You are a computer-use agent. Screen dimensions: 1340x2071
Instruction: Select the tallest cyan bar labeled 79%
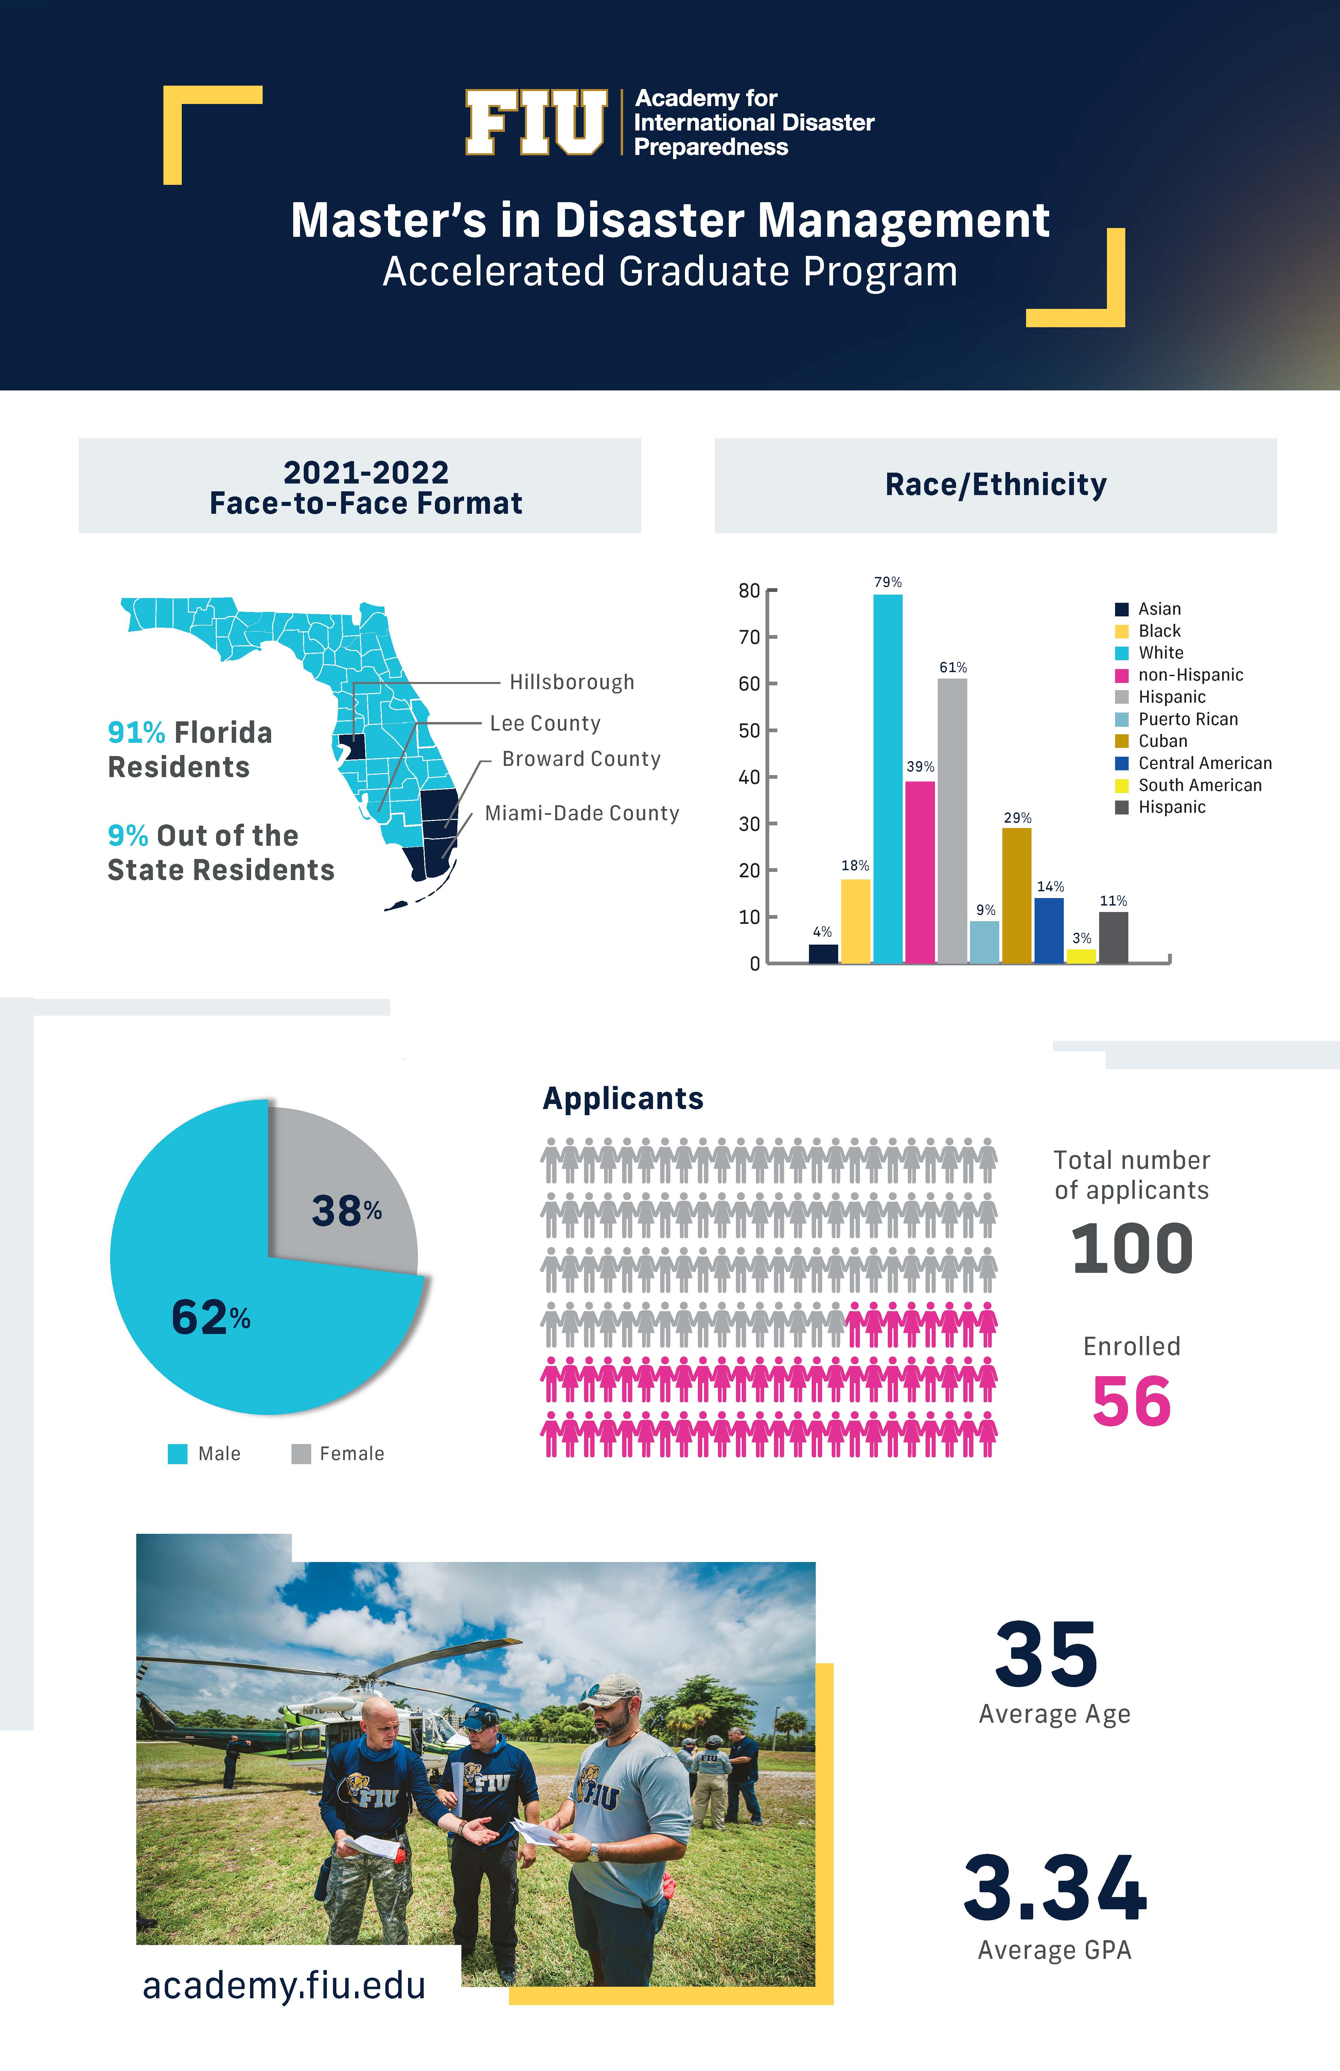point(887,779)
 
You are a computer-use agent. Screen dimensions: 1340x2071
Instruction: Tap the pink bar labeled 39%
point(920,872)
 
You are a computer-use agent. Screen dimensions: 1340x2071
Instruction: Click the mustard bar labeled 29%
point(1016,895)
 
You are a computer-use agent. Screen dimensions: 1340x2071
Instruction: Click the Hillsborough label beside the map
point(572,682)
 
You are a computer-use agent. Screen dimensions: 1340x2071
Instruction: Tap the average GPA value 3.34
point(1055,1888)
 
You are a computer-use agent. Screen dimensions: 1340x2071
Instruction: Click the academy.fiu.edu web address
point(284,1986)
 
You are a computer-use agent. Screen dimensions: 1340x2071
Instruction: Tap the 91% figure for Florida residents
point(136,733)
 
